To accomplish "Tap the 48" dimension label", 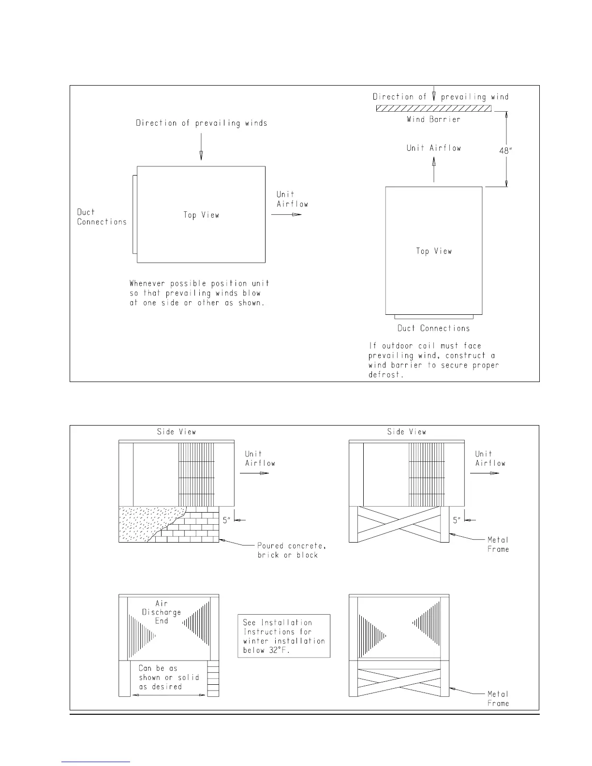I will [x=505, y=151].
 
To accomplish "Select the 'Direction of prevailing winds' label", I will [x=201, y=123].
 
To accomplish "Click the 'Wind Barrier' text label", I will [x=433, y=119].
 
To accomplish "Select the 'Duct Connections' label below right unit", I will [x=433, y=328].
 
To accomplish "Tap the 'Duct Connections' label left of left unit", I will [x=102, y=217].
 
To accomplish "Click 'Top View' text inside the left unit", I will [x=201, y=215].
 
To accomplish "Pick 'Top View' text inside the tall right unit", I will [x=434, y=251].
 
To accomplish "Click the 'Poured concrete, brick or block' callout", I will [x=291, y=550].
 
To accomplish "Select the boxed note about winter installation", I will [x=284, y=636].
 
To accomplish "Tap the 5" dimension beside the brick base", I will [x=227, y=520].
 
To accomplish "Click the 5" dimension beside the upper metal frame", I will [x=457, y=520].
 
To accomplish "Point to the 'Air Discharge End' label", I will [x=162, y=612].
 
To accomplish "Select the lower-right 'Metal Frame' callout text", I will [x=498, y=699].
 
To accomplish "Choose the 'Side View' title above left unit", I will [x=177, y=432].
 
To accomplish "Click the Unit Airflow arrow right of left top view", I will [x=286, y=214].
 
